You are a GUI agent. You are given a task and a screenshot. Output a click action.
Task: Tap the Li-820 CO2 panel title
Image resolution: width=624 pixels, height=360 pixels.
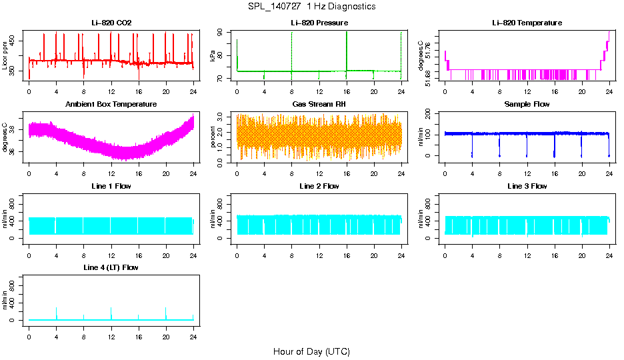tap(111, 23)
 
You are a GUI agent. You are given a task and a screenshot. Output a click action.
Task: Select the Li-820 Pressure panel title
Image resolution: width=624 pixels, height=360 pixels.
tap(319, 23)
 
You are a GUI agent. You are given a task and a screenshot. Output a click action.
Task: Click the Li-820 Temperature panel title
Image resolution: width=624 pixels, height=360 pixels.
tap(527, 23)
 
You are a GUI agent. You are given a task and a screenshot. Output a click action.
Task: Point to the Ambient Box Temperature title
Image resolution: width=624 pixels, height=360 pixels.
tap(111, 105)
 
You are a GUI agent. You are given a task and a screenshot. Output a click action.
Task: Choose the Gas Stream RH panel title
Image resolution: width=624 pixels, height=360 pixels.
tap(319, 105)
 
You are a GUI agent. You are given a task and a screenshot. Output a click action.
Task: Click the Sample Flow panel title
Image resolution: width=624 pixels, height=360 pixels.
tap(527, 105)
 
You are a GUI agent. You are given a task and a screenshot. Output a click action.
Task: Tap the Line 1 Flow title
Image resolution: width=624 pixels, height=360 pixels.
tap(111, 186)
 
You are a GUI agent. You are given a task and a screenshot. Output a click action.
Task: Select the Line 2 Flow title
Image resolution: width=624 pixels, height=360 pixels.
tap(319, 186)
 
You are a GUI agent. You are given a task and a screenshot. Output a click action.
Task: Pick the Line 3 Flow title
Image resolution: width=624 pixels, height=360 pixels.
tap(527, 186)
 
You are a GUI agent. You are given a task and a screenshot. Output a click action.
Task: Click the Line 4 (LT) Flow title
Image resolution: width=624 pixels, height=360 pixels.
tap(111, 267)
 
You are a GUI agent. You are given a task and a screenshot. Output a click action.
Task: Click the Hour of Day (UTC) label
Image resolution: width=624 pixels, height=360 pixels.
tap(311, 351)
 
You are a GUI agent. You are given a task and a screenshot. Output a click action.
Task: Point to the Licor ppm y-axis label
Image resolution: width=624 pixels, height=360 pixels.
tap(5, 55)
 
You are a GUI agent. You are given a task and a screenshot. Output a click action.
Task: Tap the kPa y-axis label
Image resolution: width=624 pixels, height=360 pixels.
tap(213, 55)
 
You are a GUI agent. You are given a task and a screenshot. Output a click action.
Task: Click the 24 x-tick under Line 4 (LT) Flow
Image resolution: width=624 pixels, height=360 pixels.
tap(193, 331)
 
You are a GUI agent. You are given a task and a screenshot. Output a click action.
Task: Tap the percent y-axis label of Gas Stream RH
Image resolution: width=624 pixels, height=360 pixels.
tap(213, 136)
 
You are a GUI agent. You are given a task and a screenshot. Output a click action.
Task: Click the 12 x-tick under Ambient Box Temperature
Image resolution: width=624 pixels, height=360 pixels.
tap(111, 168)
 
